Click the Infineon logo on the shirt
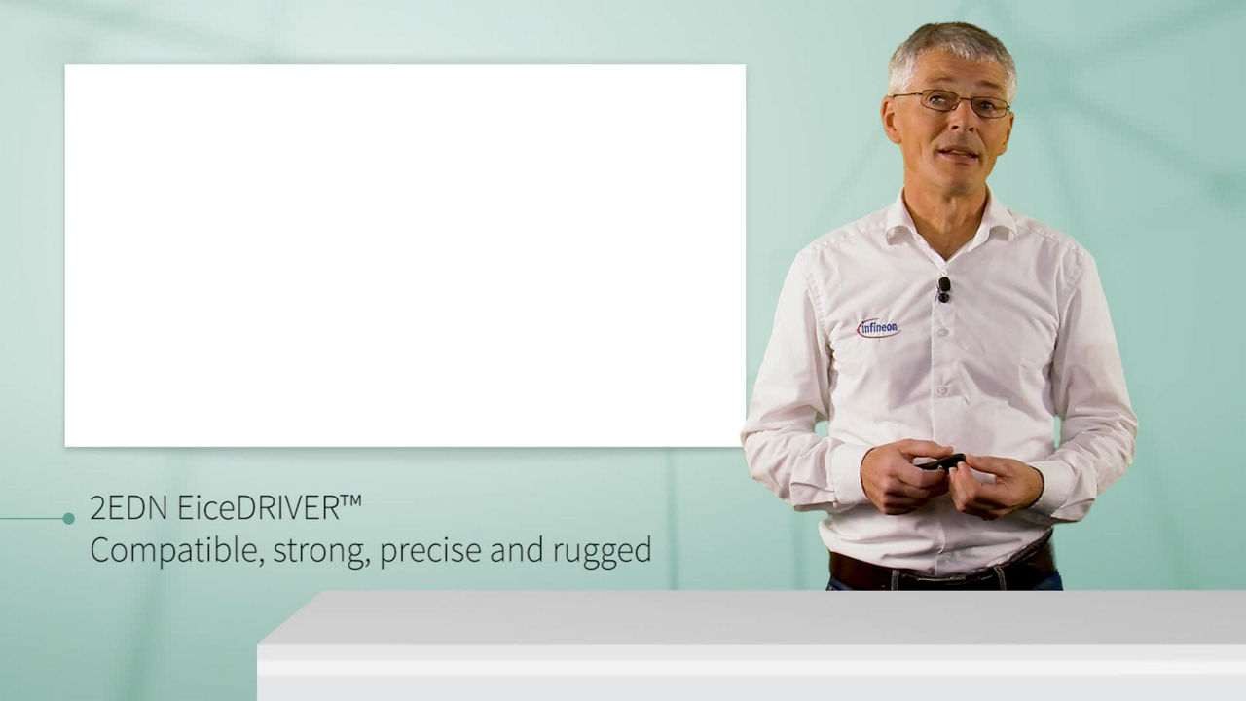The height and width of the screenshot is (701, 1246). tap(878, 328)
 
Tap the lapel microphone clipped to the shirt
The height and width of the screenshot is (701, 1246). tap(943, 290)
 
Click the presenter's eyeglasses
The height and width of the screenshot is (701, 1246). tap(952, 103)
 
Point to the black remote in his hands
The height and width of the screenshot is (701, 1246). tap(941, 461)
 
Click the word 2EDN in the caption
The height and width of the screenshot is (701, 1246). tap(128, 508)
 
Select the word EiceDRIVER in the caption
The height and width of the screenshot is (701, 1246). tap(259, 508)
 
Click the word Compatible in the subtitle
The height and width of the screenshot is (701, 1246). tap(177, 551)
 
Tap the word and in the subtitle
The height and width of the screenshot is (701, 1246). tap(517, 550)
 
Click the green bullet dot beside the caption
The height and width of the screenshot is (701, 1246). tap(68, 519)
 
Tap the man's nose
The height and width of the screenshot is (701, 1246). tap(963, 126)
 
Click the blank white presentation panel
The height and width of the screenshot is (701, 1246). tap(405, 255)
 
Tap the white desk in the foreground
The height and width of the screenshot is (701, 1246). tap(751, 646)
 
